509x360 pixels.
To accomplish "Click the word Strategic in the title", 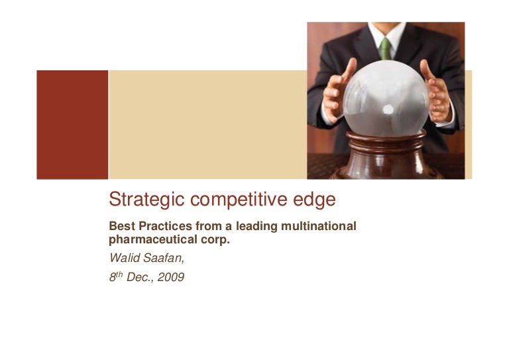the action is click(146, 200).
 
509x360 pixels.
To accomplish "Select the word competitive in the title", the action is click(239, 200).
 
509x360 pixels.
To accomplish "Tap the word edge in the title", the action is click(314, 200).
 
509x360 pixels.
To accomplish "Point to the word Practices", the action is click(165, 226).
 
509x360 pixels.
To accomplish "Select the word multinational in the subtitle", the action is click(318, 226).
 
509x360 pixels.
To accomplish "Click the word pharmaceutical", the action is click(153, 239).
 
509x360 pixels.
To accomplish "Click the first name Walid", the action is click(125, 258).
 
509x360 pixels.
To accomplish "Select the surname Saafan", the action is click(164, 258).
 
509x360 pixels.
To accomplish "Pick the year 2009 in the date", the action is click(171, 277).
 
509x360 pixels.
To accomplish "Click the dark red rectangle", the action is click(72, 125).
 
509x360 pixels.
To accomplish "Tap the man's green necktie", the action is click(385, 48).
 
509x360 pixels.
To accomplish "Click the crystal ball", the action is click(386, 98).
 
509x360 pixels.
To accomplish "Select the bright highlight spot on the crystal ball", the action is click(388, 109).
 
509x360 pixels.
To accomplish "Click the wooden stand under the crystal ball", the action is click(386, 155).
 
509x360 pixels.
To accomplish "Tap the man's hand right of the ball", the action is click(436, 92).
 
